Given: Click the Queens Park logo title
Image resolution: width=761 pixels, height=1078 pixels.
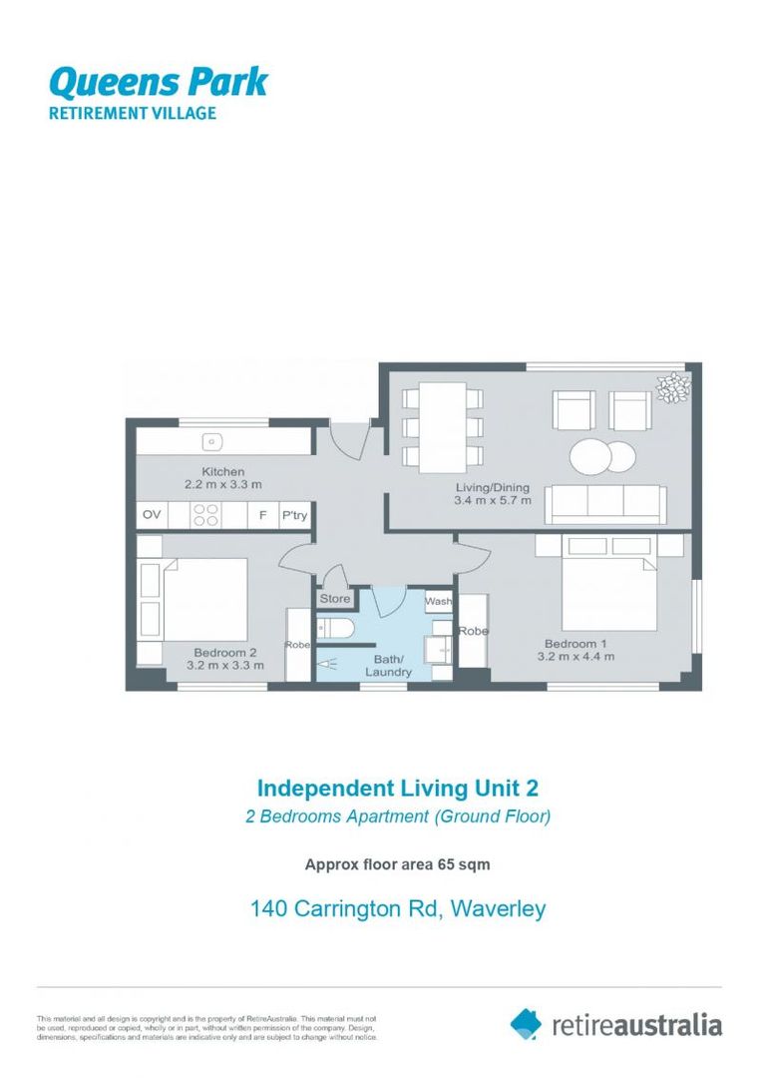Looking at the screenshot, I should pos(158,80).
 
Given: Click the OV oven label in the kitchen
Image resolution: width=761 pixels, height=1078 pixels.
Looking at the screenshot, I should pos(152,515).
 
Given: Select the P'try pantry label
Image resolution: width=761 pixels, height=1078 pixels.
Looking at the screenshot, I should pos(293,515).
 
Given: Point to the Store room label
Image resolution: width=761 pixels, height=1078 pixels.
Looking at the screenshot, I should pos(335,599).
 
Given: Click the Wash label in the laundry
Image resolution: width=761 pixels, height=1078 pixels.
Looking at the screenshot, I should pos(438,602).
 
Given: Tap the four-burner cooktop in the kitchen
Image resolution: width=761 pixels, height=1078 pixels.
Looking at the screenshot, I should pos(205,515).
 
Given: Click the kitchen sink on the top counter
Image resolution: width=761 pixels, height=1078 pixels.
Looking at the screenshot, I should pos(211,440).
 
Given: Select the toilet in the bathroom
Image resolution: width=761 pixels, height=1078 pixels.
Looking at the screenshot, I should pos(334,628).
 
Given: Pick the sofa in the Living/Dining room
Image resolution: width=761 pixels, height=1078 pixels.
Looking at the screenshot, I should pos(605,503).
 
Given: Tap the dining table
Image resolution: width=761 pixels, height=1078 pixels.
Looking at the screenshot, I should pos(442,427).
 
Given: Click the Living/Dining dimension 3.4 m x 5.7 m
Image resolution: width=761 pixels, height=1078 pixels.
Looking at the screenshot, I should pos(493,500).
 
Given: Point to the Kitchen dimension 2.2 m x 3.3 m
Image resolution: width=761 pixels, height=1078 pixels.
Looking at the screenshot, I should pos(222,484).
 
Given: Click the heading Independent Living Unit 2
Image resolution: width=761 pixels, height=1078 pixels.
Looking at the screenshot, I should pos(398,789).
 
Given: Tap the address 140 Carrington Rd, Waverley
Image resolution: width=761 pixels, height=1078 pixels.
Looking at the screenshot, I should pos(398,908).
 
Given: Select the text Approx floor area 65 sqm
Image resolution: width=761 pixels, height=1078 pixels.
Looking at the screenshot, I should pos(397,864).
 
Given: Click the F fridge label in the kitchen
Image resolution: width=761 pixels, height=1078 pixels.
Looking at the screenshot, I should pos(262,515).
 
